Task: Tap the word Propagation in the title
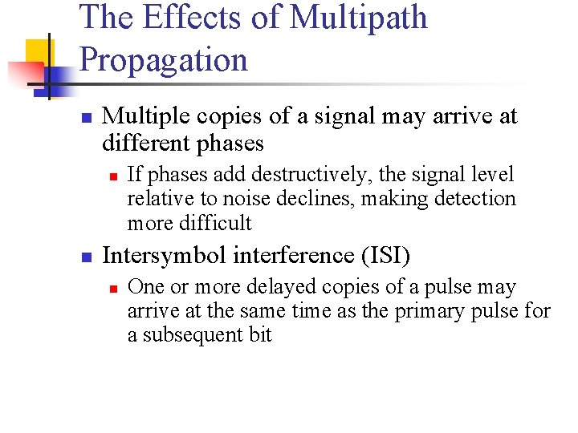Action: (x=165, y=60)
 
